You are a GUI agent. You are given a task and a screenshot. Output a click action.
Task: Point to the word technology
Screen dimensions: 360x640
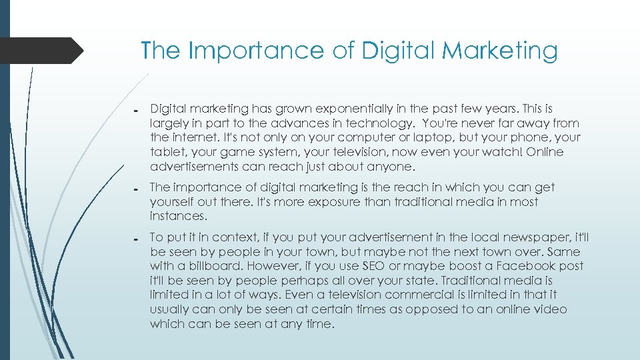click(381, 123)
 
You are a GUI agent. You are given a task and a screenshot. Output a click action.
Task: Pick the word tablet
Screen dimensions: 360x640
click(165, 153)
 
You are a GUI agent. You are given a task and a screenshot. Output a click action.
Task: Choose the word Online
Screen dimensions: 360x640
click(544, 153)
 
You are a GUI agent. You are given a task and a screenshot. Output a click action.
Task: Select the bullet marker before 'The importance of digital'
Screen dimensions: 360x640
click(135, 189)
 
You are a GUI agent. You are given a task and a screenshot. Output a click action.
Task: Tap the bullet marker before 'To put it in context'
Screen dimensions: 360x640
click(135, 239)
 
